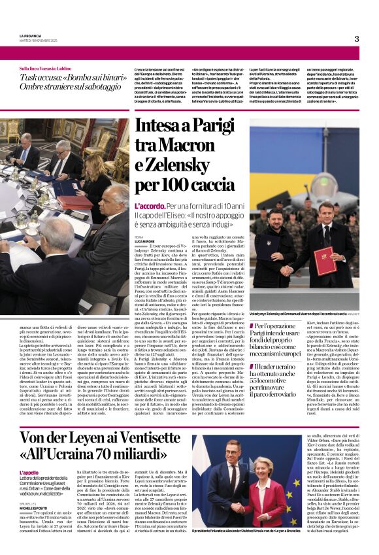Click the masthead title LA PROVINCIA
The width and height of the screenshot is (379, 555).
(30, 35)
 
